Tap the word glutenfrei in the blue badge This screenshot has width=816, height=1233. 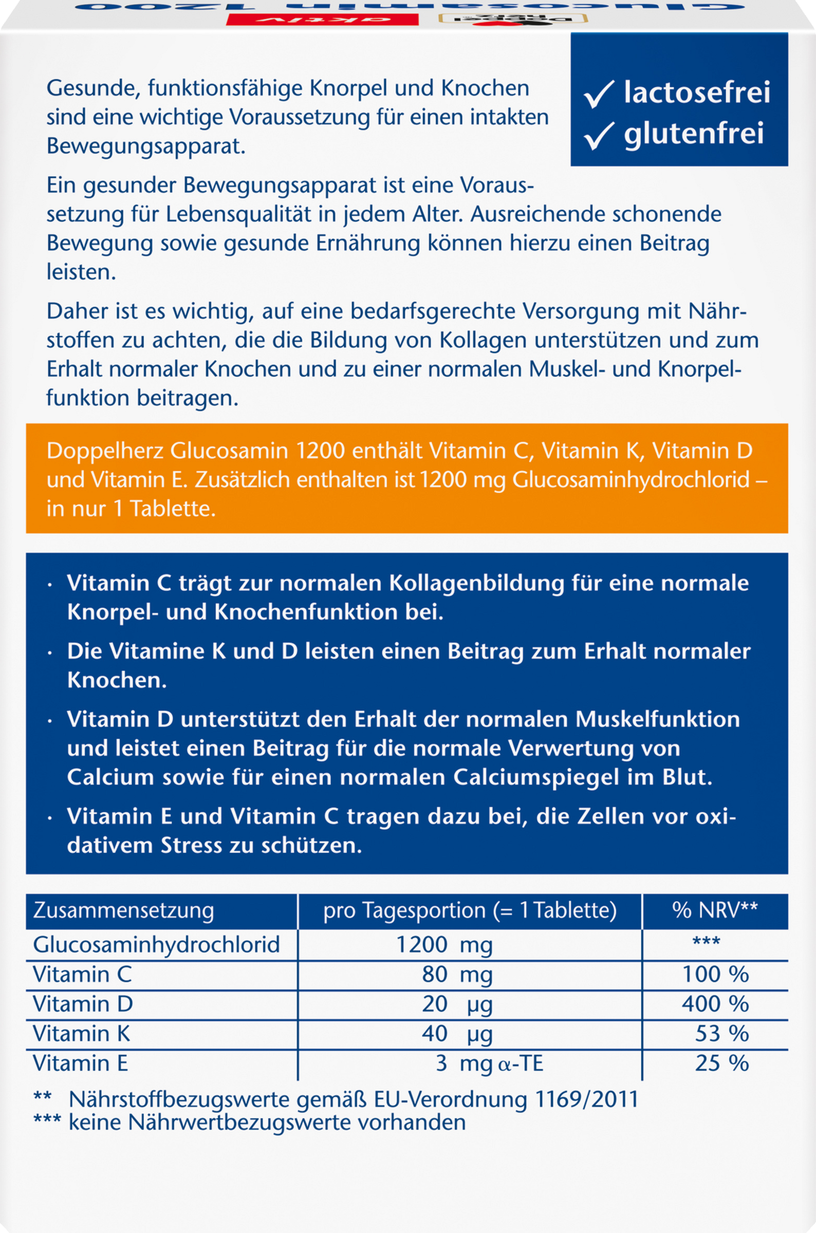point(694,133)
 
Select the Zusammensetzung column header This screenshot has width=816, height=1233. point(123,910)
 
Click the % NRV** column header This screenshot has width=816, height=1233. point(715,910)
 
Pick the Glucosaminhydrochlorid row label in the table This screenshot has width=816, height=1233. point(156,944)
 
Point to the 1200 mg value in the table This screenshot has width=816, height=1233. point(443,945)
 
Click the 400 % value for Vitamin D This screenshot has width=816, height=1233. point(715,1003)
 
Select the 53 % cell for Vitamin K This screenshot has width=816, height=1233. point(721,1033)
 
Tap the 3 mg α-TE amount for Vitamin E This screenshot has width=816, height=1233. point(489,1063)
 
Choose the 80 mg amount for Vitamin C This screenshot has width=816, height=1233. point(457,975)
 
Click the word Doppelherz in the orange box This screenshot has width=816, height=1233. point(105,451)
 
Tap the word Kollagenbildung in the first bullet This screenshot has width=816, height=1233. point(476,583)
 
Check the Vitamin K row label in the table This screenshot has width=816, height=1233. point(81,1033)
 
